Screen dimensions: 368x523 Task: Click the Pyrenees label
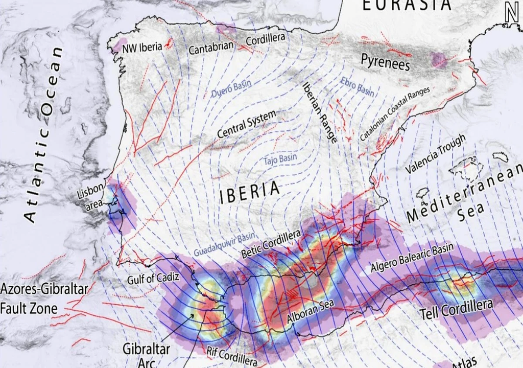[x=386, y=62]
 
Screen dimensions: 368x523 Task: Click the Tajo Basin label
[x=280, y=159]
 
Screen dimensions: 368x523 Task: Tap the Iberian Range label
[x=320, y=112]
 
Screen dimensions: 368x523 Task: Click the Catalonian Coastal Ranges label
[x=395, y=114]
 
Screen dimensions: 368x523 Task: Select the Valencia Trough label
[x=435, y=154]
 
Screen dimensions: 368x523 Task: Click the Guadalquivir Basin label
[x=224, y=244]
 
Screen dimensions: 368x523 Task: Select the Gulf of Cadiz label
[x=154, y=279]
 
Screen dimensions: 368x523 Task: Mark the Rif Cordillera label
[x=232, y=357]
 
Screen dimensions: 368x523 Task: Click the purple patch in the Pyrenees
[x=438, y=59]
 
